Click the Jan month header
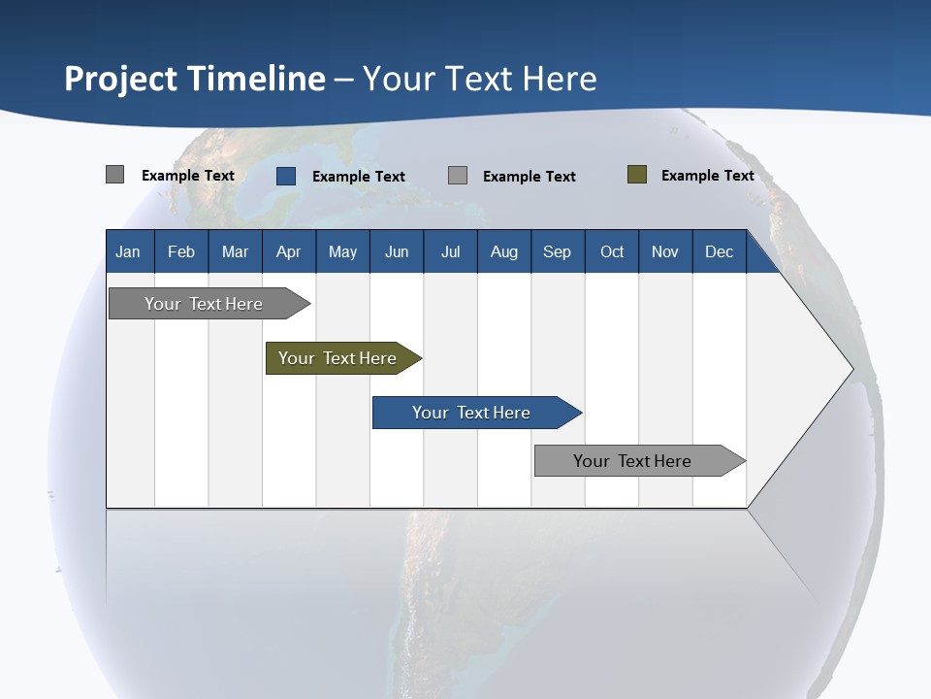(x=128, y=251)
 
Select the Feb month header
(x=181, y=251)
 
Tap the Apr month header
(x=288, y=251)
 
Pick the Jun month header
(x=397, y=251)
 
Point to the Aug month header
(x=503, y=251)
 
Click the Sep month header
(x=557, y=251)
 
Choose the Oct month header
(x=612, y=251)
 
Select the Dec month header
(x=719, y=251)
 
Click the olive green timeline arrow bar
(x=339, y=358)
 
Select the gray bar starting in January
(x=205, y=304)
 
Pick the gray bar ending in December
(x=634, y=461)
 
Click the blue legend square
(x=285, y=176)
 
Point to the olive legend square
(x=636, y=175)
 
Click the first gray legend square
(x=114, y=175)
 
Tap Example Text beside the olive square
(x=707, y=176)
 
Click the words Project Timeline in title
(x=194, y=79)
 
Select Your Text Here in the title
(x=479, y=79)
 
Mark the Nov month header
(x=664, y=251)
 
